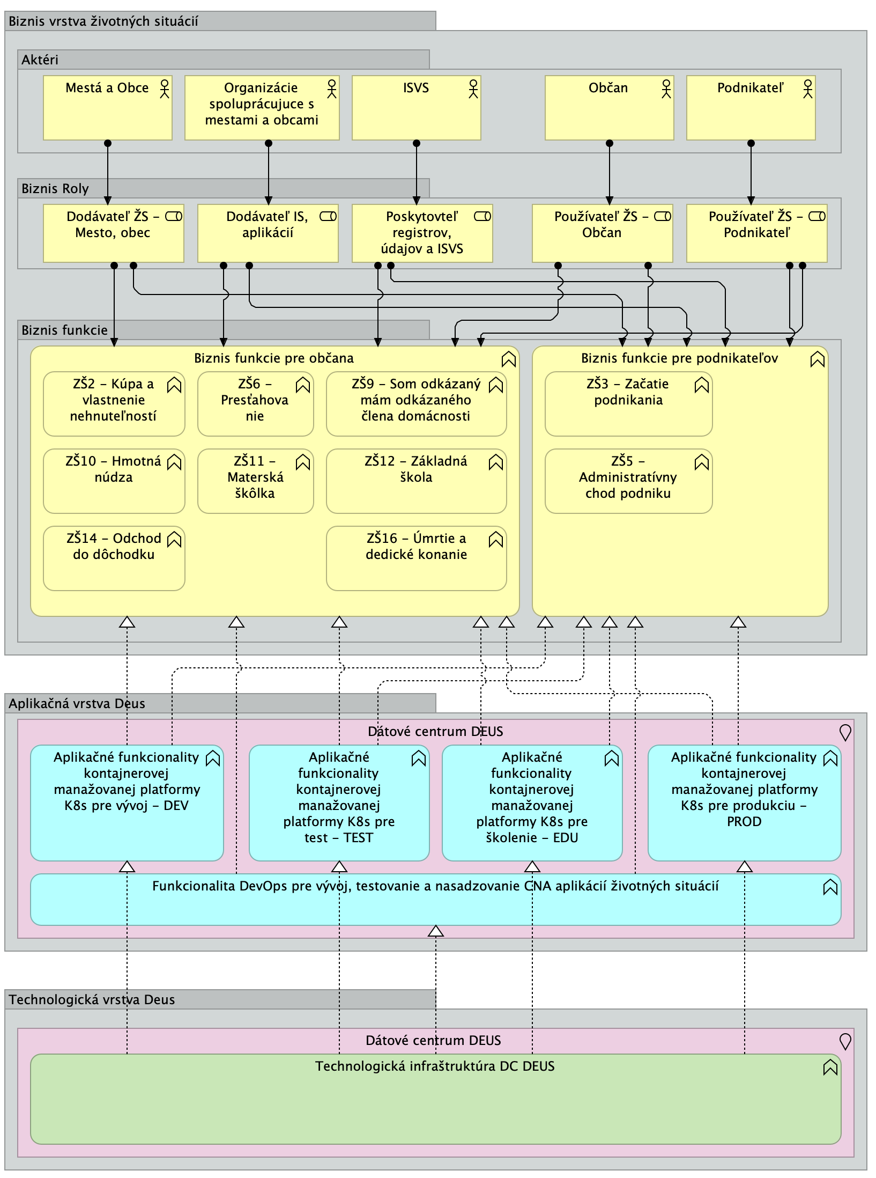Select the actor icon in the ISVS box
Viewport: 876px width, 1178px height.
pos(473,89)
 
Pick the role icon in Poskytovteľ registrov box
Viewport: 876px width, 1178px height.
pos(482,217)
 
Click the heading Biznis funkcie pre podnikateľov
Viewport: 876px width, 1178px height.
pos(679,358)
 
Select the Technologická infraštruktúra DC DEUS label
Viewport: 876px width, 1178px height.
pos(435,1066)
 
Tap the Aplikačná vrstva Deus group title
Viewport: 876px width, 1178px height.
pos(77,704)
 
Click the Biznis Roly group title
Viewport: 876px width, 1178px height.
pos(55,189)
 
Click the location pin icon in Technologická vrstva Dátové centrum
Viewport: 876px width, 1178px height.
pos(845,1041)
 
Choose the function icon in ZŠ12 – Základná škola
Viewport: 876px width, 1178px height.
pos(495,462)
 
